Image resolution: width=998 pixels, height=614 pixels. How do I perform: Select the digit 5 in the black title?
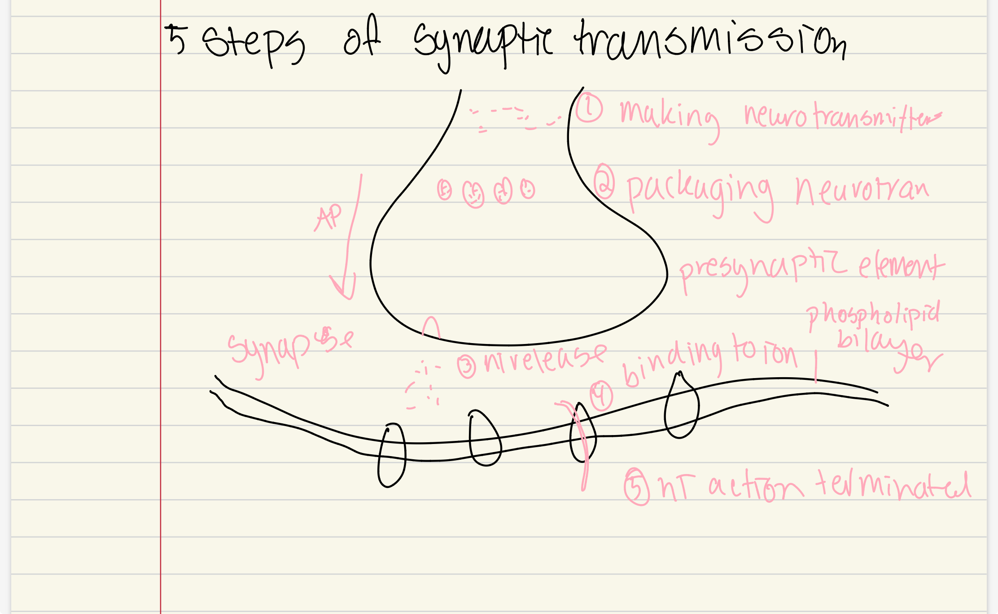(176, 39)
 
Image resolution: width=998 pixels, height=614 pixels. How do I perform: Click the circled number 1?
(589, 108)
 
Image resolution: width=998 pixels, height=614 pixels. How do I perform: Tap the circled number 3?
(466, 366)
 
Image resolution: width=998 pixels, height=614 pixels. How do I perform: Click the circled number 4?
(601, 396)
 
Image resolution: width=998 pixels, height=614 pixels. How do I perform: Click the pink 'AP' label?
(329, 218)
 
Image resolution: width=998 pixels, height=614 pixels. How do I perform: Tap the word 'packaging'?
(698, 193)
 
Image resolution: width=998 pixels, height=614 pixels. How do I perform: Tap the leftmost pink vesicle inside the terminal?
(444, 190)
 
